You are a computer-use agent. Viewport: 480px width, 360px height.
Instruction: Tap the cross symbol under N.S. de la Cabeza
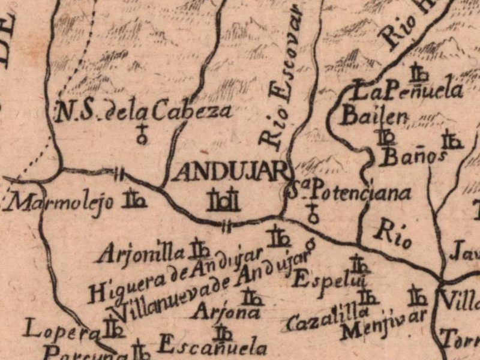(x=142, y=134)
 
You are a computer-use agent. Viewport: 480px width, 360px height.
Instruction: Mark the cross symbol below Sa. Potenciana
(x=312, y=213)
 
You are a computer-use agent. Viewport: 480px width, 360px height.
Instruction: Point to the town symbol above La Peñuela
(x=418, y=74)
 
